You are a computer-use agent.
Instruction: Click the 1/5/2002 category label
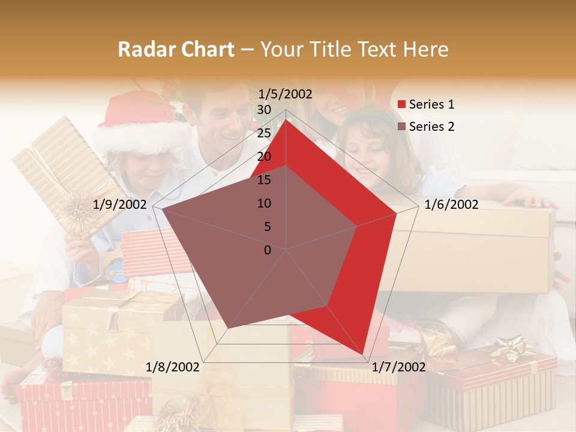(x=286, y=94)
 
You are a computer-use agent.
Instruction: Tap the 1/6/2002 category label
(x=451, y=205)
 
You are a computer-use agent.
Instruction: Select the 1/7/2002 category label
(x=398, y=367)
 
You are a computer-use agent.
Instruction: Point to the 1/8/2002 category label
(x=173, y=367)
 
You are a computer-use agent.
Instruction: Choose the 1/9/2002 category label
(x=120, y=205)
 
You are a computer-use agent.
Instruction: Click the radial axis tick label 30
(x=263, y=110)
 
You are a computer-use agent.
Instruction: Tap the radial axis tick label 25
(x=263, y=133)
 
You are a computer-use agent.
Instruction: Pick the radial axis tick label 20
(x=263, y=157)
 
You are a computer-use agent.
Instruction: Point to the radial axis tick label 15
(x=263, y=180)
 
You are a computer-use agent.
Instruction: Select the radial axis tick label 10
(x=263, y=203)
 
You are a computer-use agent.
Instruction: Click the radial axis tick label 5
(x=267, y=227)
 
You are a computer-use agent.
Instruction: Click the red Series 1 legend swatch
(x=402, y=105)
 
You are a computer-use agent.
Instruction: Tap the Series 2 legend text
(x=431, y=127)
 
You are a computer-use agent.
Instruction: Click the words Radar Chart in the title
(x=176, y=50)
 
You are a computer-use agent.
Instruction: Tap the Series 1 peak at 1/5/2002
(x=286, y=119)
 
